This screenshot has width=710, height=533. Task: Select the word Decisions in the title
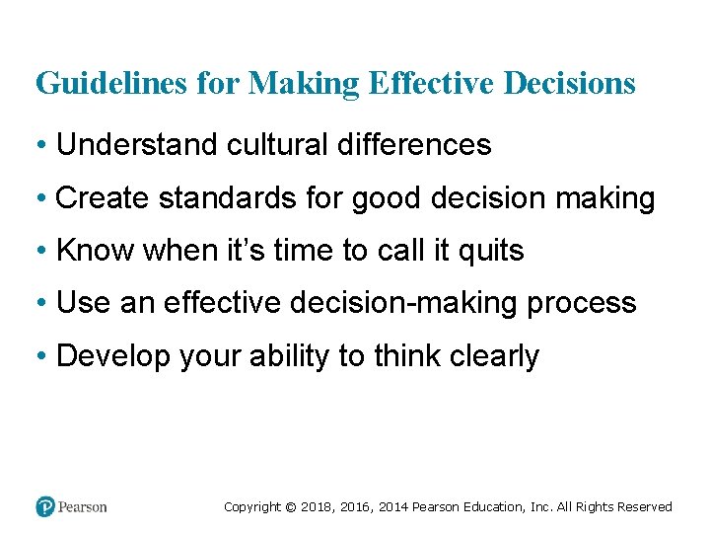(569, 84)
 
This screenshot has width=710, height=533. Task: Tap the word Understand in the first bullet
(138, 145)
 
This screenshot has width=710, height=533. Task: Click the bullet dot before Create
(44, 199)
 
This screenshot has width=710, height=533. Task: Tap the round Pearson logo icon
(44, 506)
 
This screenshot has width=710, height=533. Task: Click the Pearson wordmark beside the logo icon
(82, 507)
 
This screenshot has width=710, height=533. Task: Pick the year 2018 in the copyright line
(318, 507)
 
